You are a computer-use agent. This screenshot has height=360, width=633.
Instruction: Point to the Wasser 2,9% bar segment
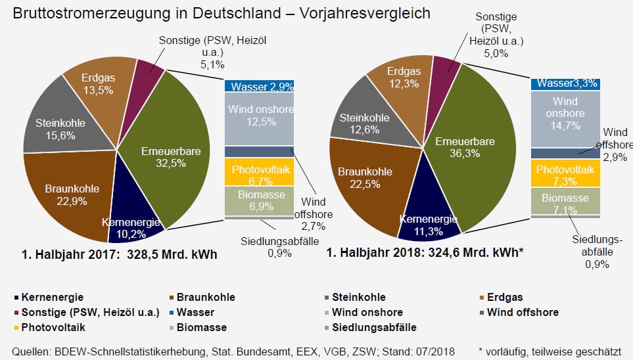point(257,86)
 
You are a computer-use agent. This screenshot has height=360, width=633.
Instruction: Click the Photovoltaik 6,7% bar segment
point(257,173)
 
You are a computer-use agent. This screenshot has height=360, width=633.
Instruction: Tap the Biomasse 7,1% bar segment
point(565,202)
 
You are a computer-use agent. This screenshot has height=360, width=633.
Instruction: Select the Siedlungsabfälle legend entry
point(374,327)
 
